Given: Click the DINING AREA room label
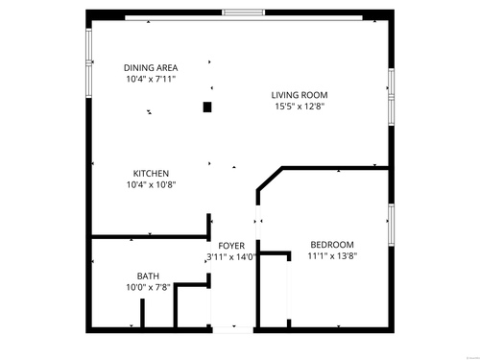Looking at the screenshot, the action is point(151,68).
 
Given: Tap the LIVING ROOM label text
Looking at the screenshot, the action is point(300,95).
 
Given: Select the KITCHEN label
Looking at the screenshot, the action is point(151,174).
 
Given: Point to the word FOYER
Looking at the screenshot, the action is point(231,246).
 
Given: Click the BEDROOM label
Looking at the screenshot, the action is point(332,245).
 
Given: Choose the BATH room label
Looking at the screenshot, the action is point(148,276).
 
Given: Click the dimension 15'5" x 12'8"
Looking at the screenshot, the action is point(300,107).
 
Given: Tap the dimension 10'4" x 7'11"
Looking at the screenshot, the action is point(151,79).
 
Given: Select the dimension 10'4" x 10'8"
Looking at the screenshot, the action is point(152,184).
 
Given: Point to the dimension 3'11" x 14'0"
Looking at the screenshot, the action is point(231,257).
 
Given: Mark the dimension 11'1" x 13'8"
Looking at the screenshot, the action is point(332,256).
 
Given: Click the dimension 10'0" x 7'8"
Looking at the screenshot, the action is point(148,287).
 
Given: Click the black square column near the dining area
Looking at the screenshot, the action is point(207,107).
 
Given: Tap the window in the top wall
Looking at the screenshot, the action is point(244,12).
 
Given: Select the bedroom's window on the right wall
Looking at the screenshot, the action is point(391,225).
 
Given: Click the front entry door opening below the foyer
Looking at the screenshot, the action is point(233,330).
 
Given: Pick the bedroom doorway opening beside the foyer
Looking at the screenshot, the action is point(258,223).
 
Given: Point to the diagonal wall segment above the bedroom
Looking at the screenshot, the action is point(270,179).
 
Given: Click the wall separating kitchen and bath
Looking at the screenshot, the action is point(150,237).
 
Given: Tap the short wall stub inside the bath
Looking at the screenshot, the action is point(142,313).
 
